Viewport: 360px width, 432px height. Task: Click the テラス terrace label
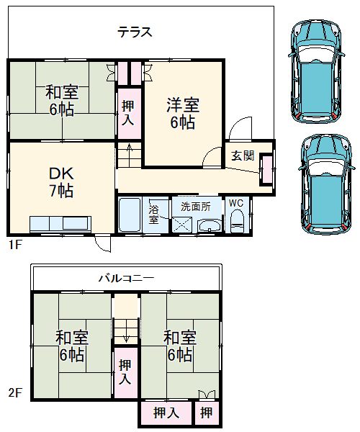tap(135, 32)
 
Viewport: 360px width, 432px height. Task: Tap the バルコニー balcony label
tap(126, 277)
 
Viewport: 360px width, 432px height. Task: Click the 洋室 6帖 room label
tap(182, 113)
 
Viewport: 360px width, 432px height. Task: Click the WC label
tap(236, 204)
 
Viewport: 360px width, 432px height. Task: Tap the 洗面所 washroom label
tap(196, 205)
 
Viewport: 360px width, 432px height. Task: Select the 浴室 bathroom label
tap(154, 214)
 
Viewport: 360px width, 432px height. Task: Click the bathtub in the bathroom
tap(130, 215)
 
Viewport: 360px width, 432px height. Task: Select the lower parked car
tap(327, 184)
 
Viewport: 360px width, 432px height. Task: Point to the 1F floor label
tap(15, 245)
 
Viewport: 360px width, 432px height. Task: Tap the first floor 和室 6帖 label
tap(61, 101)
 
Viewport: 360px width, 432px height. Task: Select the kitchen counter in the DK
tap(60, 224)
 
